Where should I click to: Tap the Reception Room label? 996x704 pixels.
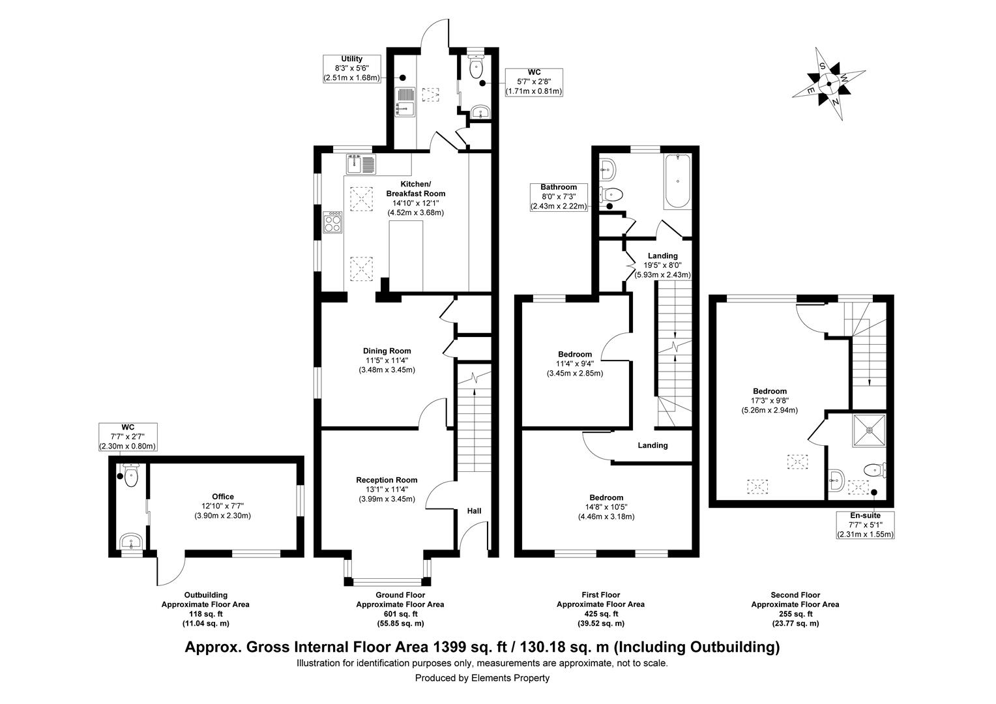pos(387,490)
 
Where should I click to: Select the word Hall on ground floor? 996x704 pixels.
pos(474,511)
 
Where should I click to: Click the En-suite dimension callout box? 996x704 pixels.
pos(865,525)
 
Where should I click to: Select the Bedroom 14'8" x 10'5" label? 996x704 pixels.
pos(606,507)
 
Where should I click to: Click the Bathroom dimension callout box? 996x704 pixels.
pos(558,197)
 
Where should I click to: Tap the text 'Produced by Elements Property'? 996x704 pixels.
pos(482,678)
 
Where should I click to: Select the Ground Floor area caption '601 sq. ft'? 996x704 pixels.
pos(400,614)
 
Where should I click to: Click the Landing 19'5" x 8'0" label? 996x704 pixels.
pos(662,265)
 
